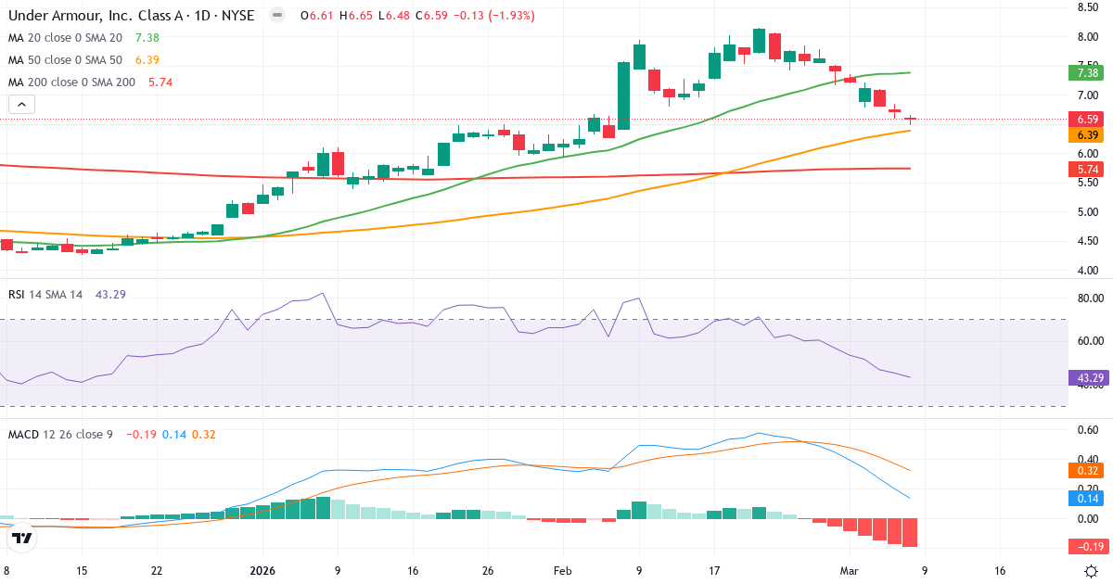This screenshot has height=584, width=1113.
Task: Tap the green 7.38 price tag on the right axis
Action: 1088,72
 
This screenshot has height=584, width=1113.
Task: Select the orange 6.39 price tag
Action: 1088,134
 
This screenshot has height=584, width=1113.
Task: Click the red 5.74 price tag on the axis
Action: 1088,170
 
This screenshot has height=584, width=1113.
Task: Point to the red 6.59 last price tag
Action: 1088,119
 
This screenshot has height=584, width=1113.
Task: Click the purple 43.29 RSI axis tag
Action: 1088,377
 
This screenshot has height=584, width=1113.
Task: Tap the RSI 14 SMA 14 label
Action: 45,294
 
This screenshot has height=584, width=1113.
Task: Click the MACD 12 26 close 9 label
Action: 60,434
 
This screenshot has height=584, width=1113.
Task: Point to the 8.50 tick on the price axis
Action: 1088,7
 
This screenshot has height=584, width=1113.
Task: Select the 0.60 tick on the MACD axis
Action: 1088,429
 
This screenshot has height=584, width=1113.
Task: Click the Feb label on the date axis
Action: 563,571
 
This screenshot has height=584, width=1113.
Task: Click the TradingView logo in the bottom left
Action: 22,538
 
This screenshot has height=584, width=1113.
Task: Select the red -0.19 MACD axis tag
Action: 1088,545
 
